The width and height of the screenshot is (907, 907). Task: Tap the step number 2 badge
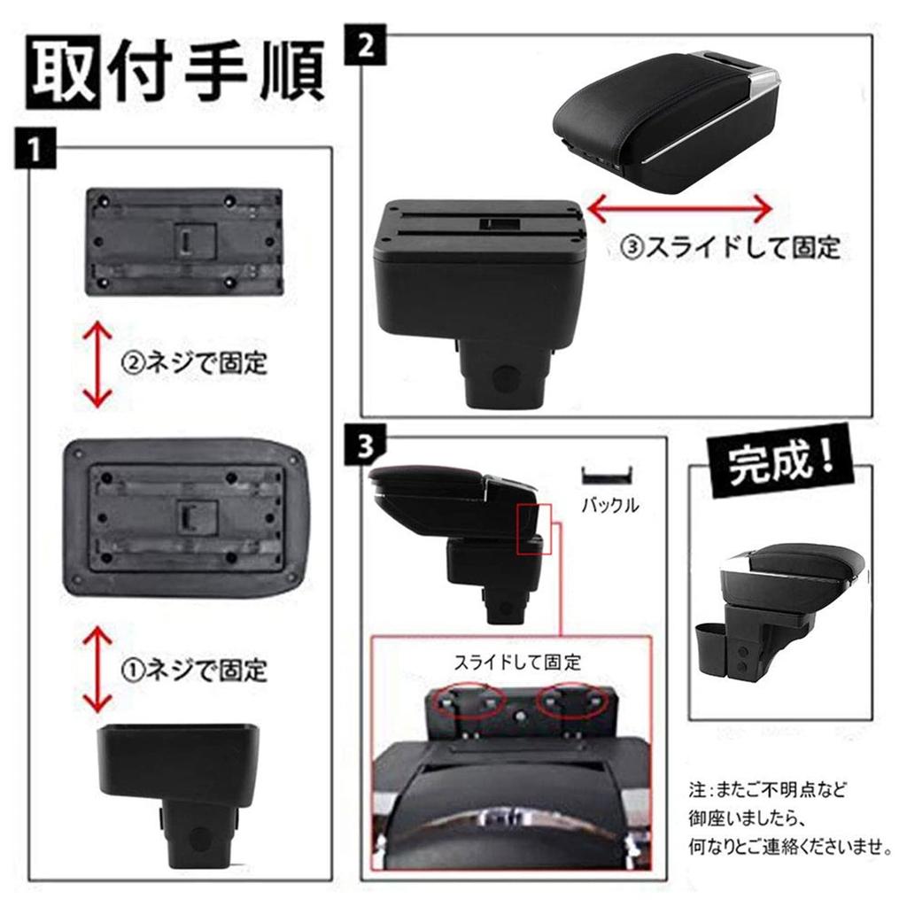click(x=365, y=45)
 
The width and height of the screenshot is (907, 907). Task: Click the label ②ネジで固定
click(x=193, y=362)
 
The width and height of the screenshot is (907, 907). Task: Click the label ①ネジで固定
click(x=193, y=668)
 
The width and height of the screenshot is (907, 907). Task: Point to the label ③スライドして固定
click(x=730, y=247)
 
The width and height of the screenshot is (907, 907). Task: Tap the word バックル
click(x=609, y=507)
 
